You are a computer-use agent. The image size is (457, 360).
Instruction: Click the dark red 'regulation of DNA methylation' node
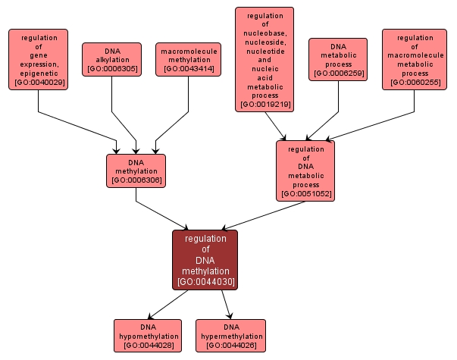[205, 259]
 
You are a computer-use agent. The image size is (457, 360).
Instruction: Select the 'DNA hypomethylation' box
[149, 336]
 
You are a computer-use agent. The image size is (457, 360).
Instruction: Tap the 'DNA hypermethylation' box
[230, 336]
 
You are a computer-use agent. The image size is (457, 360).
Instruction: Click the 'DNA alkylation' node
[112, 59]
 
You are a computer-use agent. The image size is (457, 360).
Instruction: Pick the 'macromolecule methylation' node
[188, 60]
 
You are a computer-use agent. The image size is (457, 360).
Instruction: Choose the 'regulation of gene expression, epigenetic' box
[39, 59]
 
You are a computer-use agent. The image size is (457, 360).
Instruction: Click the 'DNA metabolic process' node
[338, 59]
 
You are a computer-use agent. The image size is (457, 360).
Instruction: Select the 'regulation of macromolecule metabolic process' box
[415, 59]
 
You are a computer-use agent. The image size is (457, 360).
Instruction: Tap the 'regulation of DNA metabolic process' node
[305, 171]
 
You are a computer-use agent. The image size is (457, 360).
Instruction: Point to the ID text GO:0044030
[205, 282]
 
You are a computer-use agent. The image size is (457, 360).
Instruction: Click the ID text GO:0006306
[136, 180]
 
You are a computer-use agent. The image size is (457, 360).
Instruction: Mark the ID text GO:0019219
[264, 104]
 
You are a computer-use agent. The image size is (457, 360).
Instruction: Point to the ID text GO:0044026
[230, 345]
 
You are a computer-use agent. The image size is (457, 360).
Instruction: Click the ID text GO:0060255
[415, 82]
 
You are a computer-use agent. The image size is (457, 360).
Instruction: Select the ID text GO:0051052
[305, 194]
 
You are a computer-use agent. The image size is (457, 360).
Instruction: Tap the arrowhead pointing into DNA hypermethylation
[228, 316]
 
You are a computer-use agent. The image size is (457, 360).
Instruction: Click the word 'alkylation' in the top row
[112, 59]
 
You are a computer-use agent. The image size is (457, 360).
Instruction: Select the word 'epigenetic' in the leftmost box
[39, 73]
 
